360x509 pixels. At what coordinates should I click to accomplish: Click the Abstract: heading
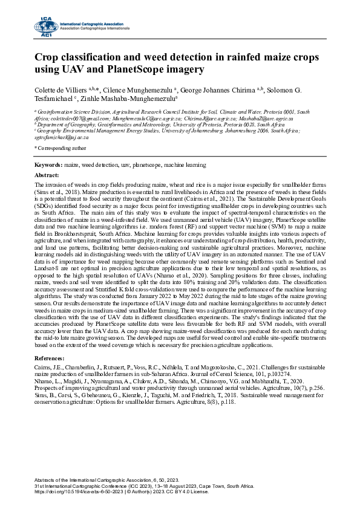[x=48, y=174]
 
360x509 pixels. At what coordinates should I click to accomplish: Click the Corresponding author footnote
[x=61, y=147]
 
